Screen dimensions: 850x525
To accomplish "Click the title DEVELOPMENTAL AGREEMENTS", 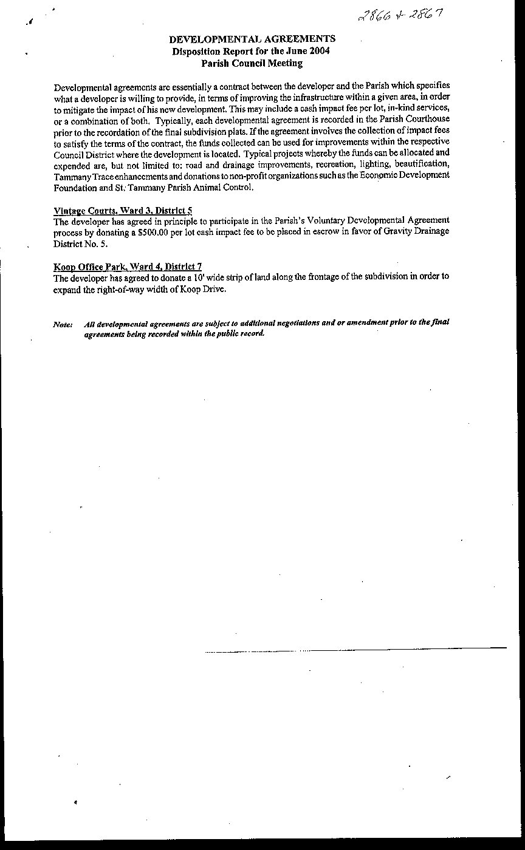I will [252, 39].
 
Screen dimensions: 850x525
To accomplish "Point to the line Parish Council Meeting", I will [252, 63].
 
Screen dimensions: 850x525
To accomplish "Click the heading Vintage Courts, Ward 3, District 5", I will [123, 211].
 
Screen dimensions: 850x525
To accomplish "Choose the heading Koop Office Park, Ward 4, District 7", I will [128, 267].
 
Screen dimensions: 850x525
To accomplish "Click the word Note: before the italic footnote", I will [63, 324].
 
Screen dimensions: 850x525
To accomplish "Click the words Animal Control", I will [219, 188].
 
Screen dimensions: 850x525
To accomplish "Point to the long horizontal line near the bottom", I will [355, 650].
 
